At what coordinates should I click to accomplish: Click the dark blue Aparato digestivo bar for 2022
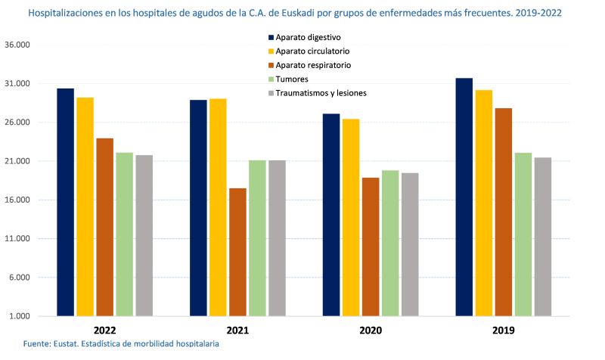[x=65, y=202]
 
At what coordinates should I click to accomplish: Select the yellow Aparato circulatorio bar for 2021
[x=218, y=207]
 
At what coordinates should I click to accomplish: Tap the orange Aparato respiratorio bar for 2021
[x=237, y=252]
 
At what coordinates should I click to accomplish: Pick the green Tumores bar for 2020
[x=390, y=243]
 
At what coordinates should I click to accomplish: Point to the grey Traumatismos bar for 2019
[x=543, y=237]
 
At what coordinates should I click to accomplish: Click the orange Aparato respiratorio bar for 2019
[x=504, y=212]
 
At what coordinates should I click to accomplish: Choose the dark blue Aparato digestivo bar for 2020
[x=331, y=215]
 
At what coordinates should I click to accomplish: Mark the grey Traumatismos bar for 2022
[x=144, y=235]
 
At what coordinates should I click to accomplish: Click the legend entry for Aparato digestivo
[x=308, y=37]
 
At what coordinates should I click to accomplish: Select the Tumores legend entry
[x=291, y=79]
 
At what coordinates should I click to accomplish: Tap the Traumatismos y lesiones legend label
[x=321, y=93]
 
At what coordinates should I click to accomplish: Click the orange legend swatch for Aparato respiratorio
[x=270, y=65]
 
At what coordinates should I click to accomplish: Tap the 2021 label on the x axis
[x=237, y=331]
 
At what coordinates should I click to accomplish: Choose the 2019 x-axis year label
[x=504, y=331]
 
